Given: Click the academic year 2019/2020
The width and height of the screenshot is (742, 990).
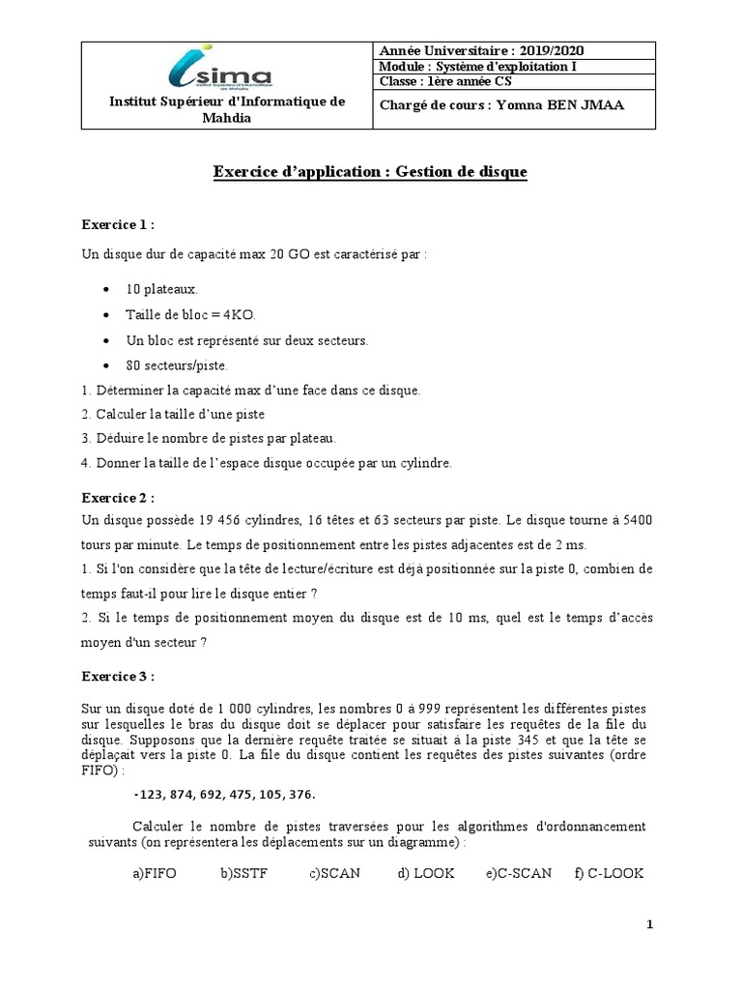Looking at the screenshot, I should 551,50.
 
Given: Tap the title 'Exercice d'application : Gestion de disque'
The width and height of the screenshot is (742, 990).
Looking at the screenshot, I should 370,172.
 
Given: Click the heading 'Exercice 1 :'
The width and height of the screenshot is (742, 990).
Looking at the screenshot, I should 118,224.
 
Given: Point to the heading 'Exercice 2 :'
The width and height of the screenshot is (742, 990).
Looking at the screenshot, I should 118,497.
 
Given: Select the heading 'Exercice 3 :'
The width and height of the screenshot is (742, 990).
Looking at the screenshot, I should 118,676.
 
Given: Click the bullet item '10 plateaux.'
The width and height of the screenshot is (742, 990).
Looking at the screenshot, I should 161,289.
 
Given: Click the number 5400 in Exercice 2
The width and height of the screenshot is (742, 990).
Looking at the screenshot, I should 634,520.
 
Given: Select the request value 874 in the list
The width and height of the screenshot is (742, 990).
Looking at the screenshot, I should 184,794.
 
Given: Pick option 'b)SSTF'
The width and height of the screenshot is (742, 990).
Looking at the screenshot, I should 243,873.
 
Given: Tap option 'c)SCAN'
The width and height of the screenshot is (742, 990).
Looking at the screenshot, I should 334,873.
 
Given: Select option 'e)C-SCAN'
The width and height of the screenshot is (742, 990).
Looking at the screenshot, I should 519,873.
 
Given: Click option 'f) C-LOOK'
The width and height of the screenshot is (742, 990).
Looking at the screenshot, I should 608,873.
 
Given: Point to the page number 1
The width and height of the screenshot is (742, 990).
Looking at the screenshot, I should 650,925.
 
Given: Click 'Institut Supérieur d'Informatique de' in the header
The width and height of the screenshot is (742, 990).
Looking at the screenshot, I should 226,102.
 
